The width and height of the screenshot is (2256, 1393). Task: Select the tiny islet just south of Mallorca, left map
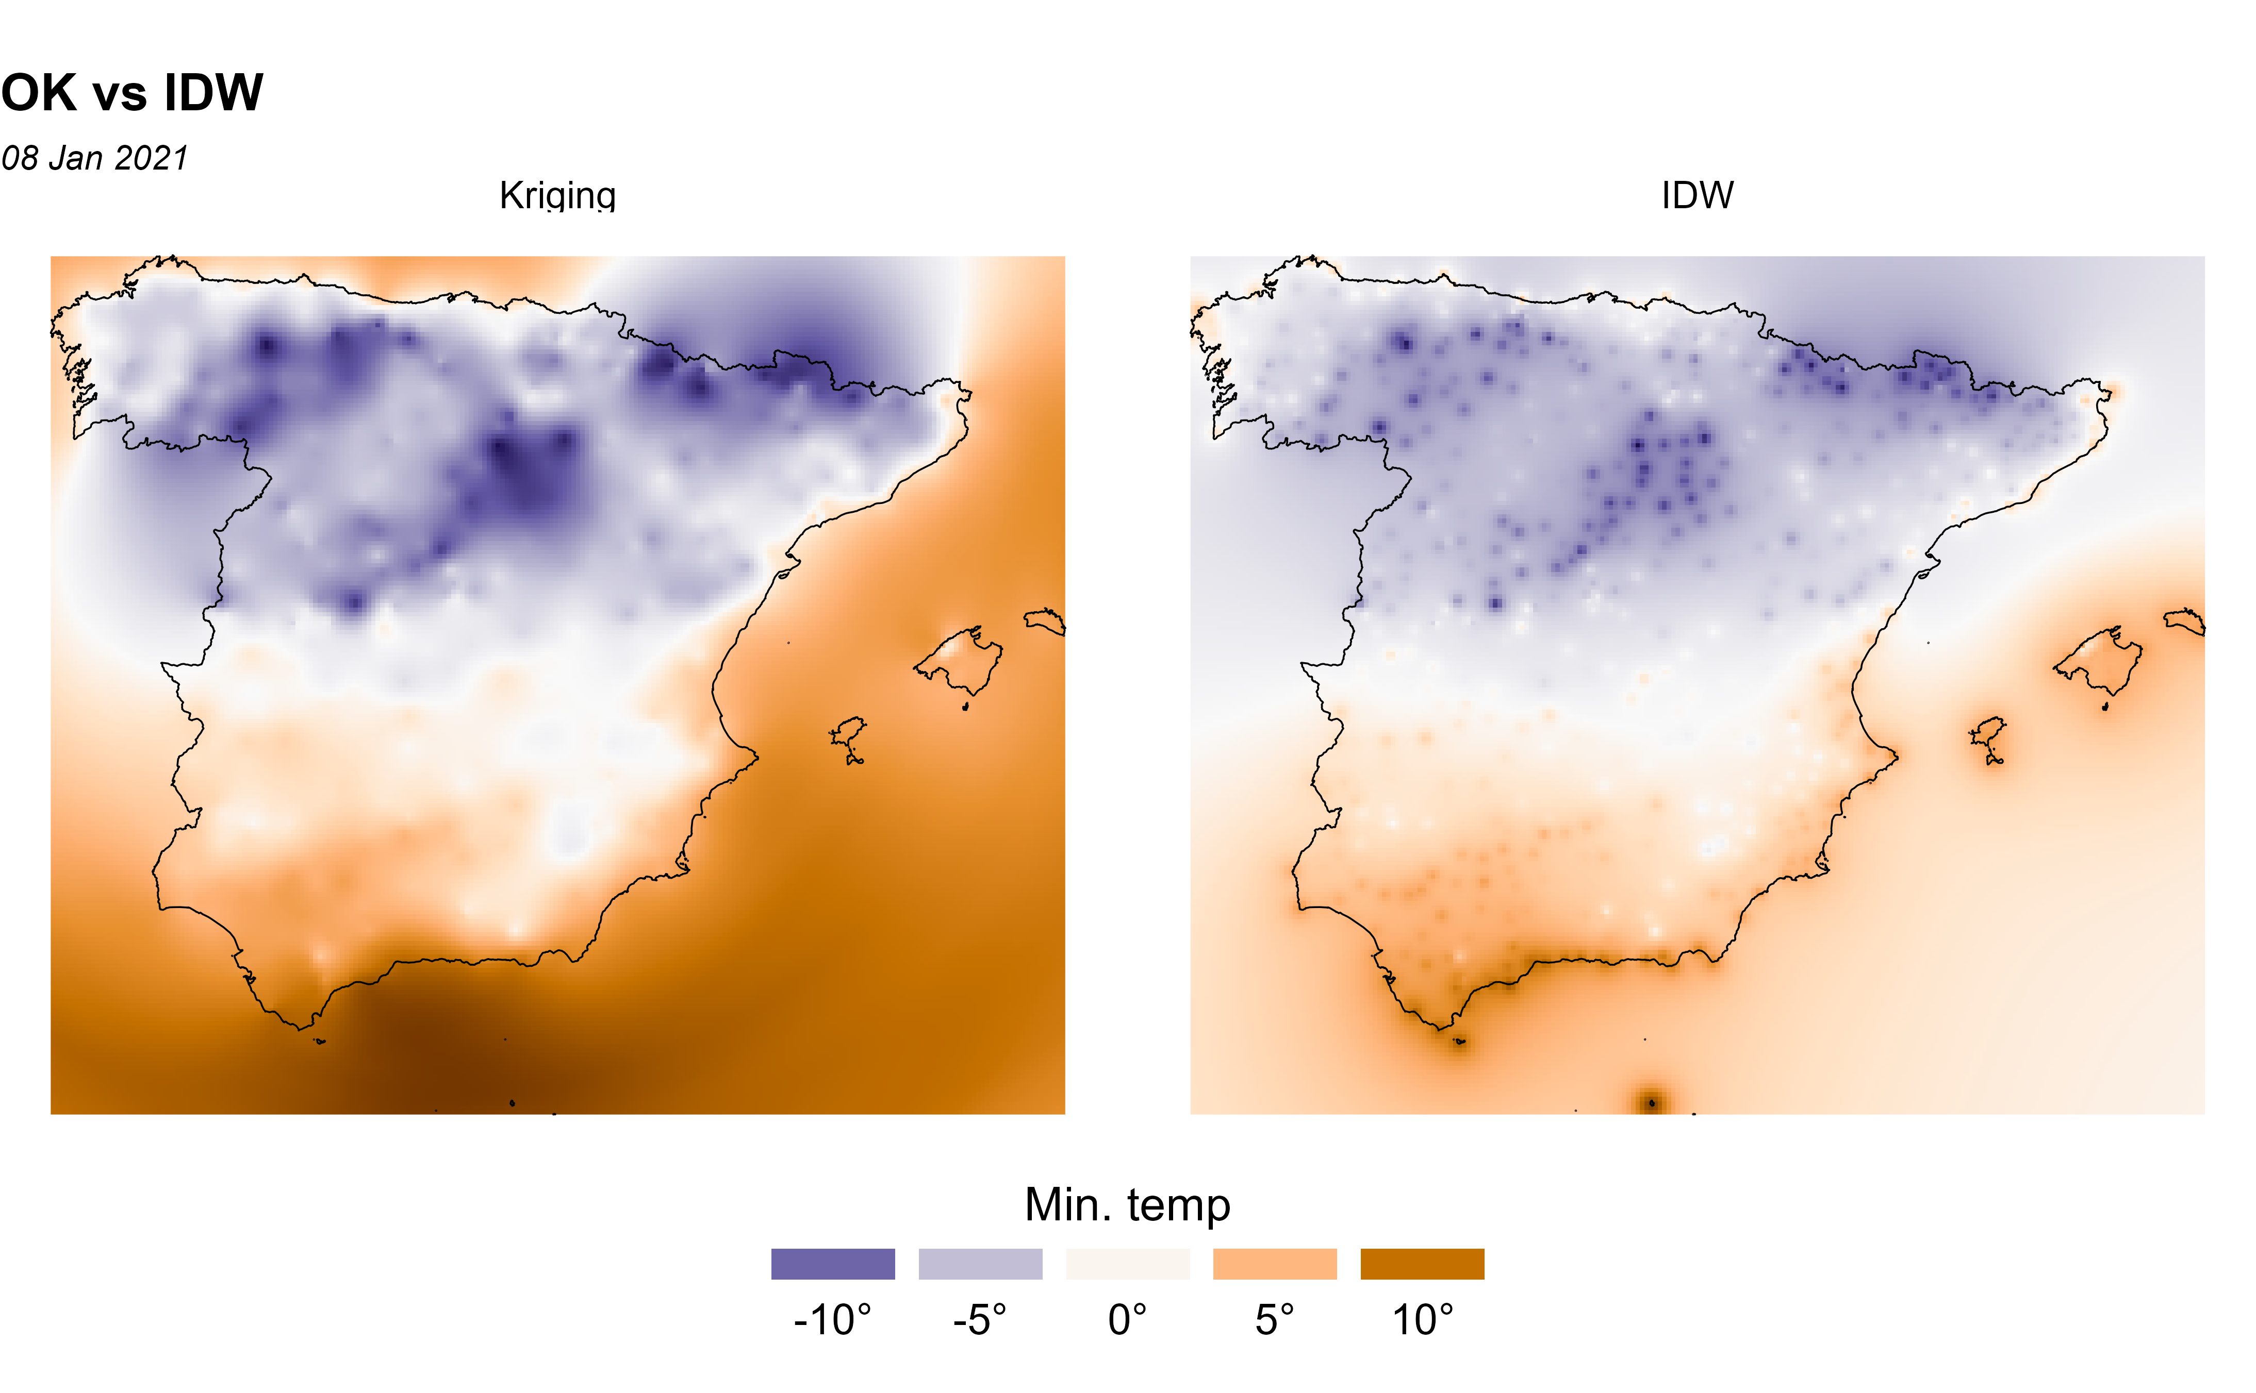[965, 708]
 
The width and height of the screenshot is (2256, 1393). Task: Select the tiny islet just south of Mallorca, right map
[2105, 708]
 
